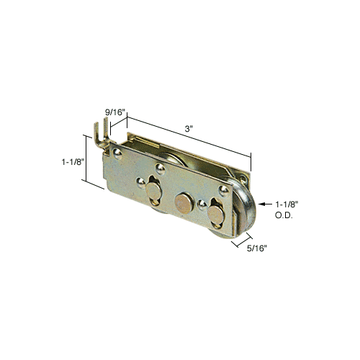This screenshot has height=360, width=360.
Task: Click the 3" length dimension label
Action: point(189,129)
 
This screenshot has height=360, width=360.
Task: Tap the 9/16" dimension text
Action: point(115,112)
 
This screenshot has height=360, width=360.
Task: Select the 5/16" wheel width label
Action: point(257,248)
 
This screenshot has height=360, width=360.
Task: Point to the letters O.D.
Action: point(284,215)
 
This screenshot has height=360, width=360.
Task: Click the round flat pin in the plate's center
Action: point(184,204)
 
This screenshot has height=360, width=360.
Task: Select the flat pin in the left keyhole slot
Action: point(154,189)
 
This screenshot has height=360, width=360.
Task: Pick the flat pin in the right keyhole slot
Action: point(216,215)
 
